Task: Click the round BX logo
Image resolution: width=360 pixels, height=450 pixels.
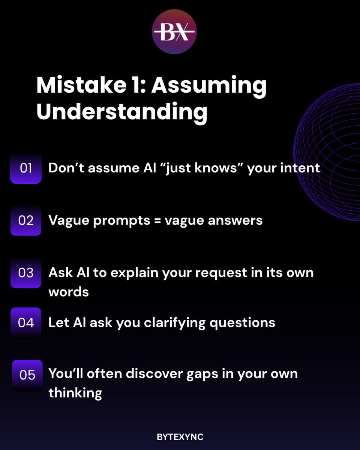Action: pos(174,32)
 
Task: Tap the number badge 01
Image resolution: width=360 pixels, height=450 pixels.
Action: pos(26,168)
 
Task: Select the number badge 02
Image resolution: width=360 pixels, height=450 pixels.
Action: pos(26,220)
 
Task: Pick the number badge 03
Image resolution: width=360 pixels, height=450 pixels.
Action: pos(26,273)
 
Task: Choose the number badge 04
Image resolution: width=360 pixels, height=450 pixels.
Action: pos(26,322)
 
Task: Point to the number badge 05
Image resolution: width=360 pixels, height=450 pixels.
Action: pos(27,375)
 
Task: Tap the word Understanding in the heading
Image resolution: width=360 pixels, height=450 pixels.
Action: pos(122,112)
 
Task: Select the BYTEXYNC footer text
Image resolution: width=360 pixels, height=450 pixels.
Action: pos(180,437)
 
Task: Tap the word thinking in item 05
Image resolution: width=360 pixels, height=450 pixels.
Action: pos(75,393)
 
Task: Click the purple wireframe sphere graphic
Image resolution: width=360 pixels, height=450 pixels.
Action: pos(330,157)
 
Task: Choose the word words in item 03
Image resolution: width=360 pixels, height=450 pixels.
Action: pos(69,292)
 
